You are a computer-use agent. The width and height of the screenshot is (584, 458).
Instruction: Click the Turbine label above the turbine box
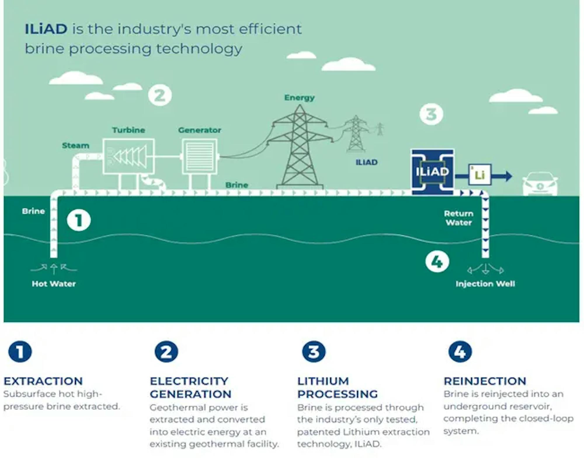coord(129,130)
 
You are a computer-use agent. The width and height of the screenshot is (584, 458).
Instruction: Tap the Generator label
coord(200,130)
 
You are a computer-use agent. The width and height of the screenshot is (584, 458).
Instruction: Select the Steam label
coord(76,145)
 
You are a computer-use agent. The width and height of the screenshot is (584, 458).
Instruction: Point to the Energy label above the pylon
coord(300,97)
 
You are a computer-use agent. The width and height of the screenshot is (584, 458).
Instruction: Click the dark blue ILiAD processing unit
coord(432,172)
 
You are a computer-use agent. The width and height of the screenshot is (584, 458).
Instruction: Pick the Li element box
coord(480,175)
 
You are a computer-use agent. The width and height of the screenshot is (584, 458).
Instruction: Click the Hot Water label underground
coord(54,284)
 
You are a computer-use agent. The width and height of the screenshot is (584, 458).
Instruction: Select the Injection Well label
coord(485,284)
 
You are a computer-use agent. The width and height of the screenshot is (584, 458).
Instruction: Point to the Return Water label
coord(459,218)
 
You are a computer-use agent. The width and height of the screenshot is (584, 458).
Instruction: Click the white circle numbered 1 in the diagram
coord(79,220)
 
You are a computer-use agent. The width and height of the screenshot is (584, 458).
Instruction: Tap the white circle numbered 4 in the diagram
coord(437,262)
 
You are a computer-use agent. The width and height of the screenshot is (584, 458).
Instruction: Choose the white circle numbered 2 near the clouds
coord(160,95)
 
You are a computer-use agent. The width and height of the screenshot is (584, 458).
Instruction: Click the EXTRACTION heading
coord(43,381)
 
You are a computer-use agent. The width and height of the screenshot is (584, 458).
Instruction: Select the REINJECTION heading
coord(485,381)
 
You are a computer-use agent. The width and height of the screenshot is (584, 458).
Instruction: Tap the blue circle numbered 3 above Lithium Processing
coord(314,351)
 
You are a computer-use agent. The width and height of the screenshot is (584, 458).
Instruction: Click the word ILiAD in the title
coord(46,29)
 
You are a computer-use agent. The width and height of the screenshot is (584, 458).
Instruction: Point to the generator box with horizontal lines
coord(199,156)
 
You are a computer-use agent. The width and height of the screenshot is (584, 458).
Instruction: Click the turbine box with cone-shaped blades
coord(129,157)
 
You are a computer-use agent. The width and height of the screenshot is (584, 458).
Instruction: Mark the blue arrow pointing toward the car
coord(502,176)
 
